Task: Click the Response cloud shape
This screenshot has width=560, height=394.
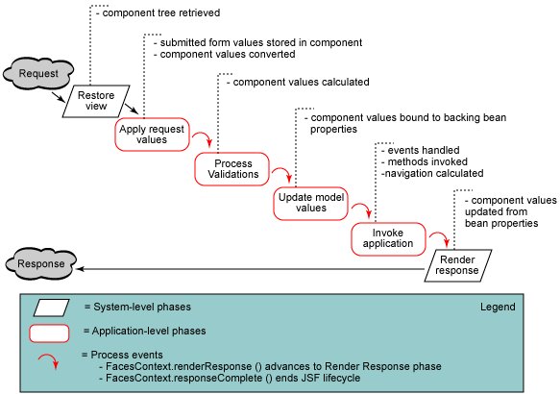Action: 42,262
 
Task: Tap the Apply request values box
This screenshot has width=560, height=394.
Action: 151,134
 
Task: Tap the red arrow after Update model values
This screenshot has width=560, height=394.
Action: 359,210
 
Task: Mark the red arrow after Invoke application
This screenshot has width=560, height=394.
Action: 438,239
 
